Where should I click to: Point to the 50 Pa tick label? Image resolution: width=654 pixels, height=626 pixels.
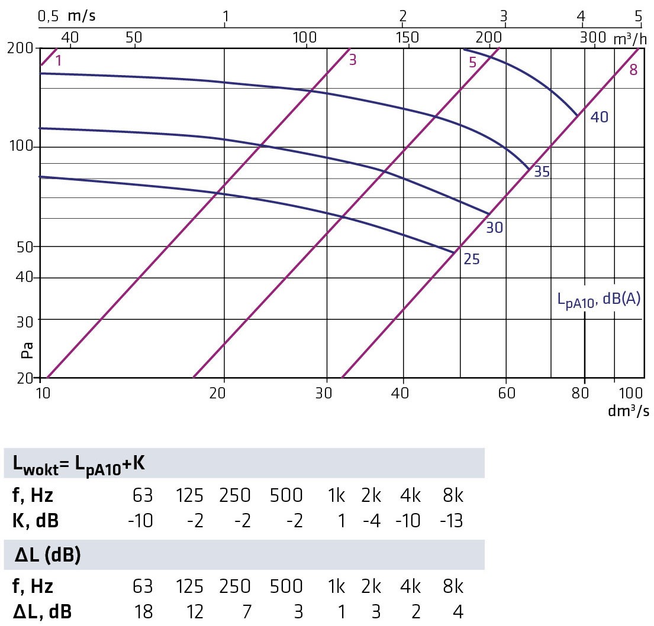click(25, 246)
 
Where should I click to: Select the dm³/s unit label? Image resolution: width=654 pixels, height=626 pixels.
click(628, 411)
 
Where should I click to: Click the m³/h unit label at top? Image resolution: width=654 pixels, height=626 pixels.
click(629, 38)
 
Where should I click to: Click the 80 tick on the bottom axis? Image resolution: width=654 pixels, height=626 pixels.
click(584, 393)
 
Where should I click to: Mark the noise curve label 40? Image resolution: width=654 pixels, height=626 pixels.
click(599, 117)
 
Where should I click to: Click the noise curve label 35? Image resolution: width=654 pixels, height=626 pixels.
click(541, 172)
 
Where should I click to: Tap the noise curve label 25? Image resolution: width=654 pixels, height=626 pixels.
click(471, 259)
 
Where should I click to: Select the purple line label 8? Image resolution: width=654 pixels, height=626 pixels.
click(633, 70)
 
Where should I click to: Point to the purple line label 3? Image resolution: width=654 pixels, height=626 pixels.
click(353, 60)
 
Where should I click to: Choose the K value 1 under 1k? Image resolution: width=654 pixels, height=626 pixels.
click(339, 521)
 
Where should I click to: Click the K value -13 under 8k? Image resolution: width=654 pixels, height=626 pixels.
click(451, 521)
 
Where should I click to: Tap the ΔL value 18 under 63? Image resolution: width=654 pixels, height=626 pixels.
click(141, 612)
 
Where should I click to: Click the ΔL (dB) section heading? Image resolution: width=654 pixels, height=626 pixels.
click(47, 556)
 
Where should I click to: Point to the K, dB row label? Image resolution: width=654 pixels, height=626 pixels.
click(36, 521)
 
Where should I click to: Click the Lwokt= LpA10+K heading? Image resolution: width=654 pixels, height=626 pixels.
click(79, 464)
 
